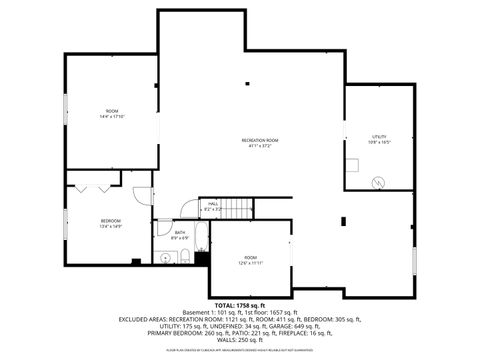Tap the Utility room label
point(379,139)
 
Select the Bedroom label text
point(110,223)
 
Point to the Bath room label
point(180,235)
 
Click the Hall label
point(213,206)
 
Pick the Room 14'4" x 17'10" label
point(111,114)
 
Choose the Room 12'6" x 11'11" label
point(250,262)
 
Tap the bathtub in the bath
point(199,240)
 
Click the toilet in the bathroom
point(187,257)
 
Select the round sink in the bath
point(165,257)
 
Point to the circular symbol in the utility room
point(378,182)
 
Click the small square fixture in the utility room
point(351,166)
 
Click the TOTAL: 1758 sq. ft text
point(240,304)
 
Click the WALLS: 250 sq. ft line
point(240,339)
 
